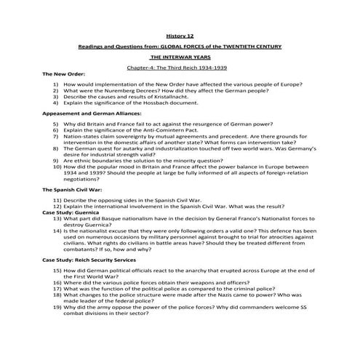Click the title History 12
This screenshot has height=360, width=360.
click(x=180, y=33)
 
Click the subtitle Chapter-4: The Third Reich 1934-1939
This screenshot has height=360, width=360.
click(x=180, y=67)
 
